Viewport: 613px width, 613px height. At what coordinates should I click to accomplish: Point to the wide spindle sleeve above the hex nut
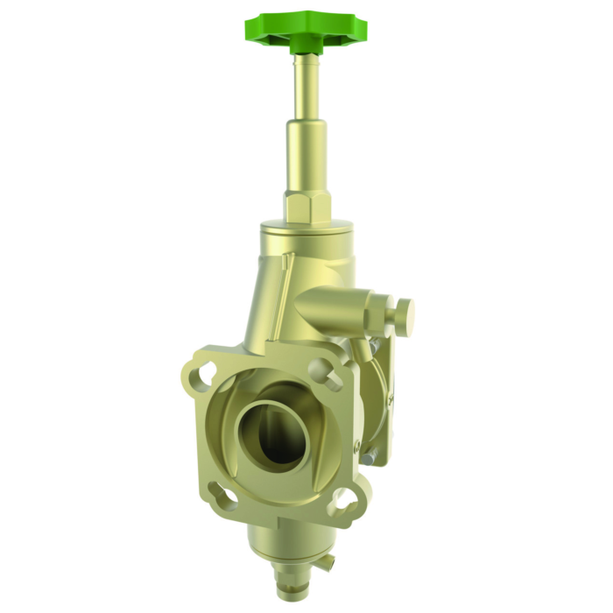tap(306, 158)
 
